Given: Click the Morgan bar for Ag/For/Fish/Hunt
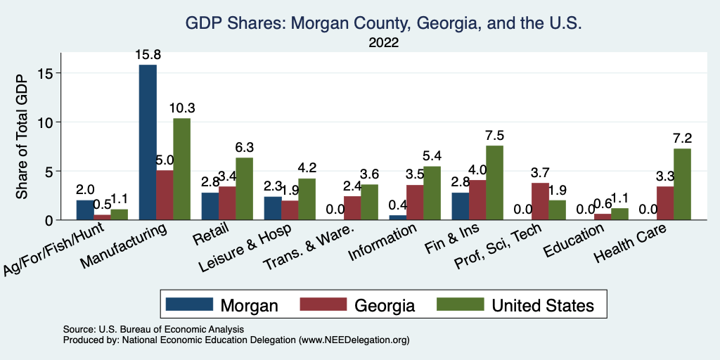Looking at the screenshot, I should (84, 210).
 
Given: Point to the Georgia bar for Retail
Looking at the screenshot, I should (227, 203).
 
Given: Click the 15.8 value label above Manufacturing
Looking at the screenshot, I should (148, 54).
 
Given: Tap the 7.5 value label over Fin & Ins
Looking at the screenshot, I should (494, 135).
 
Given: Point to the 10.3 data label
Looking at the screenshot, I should (181, 108).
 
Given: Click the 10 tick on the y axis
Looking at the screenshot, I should (47, 122).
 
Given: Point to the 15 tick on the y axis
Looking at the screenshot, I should (47, 73).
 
